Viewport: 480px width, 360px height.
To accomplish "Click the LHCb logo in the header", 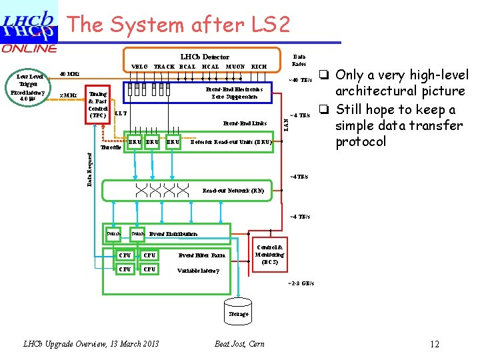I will point(29,23).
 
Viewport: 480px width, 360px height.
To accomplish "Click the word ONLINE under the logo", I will point(29,48).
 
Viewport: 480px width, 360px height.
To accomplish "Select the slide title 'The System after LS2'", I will point(179,25).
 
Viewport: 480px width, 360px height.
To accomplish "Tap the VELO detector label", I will point(139,67).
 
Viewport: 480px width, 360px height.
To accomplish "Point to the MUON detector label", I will point(235,67).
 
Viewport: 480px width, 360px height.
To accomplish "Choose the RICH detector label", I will point(259,67).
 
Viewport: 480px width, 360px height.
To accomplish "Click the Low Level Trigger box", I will point(28,87).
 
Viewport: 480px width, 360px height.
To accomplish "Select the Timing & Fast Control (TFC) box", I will point(98,104).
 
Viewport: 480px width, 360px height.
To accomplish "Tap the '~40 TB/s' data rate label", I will point(299,81).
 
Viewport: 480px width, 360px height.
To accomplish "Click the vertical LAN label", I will point(286,122).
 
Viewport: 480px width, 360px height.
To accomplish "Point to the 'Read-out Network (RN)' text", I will point(233,191).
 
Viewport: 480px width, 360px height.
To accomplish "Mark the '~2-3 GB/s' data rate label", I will point(301,283).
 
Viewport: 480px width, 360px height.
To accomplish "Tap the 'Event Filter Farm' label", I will point(202,255).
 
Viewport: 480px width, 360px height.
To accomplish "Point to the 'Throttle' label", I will point(111,148).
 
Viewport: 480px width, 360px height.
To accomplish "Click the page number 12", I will point(435,344).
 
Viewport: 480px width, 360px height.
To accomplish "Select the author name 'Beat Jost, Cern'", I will point(239,344).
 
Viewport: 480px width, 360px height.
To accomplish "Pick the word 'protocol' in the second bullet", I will point(361,142).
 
